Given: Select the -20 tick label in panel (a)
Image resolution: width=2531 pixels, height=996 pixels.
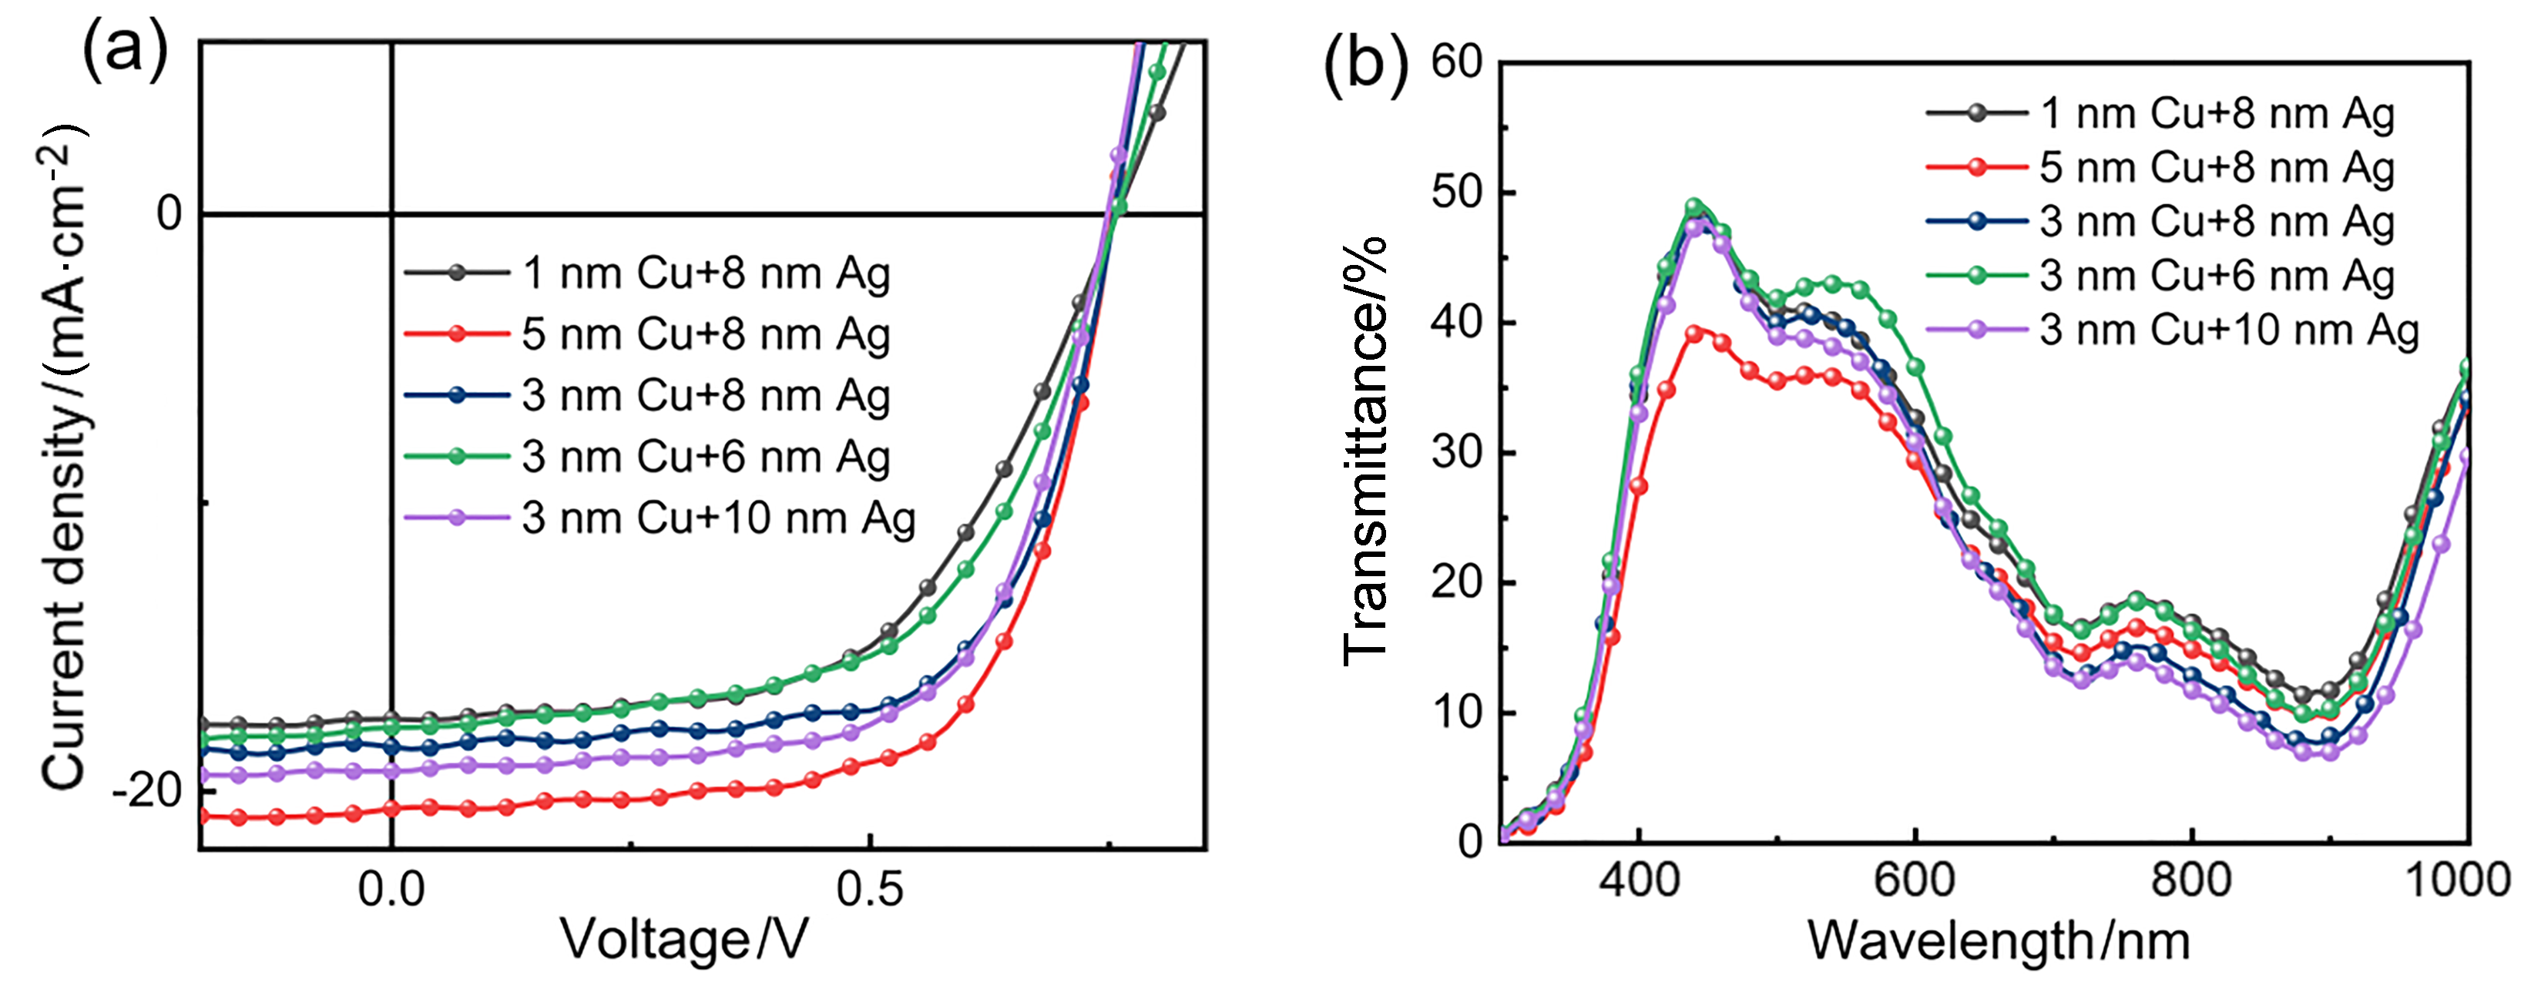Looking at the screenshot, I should pyautogui.click(x=149, y=790).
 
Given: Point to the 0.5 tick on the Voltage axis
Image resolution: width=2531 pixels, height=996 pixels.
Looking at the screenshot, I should pyautogui.click(x=870, y=889).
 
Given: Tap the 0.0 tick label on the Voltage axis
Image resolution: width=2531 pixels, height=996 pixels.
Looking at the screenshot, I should pyautogui.click(x=391, y=889).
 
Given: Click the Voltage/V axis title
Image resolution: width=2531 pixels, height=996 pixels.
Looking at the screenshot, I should pyautogui.click(x=684, y=940).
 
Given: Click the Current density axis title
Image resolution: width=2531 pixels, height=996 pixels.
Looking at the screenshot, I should pyautogui.click(x=63, y=457).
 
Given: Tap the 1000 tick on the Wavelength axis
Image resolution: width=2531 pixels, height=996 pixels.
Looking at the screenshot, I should pyautogui.click(x=2456, y=878).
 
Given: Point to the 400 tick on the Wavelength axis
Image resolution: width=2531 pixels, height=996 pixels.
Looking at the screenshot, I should pyautogui.click(x=1639, y=878).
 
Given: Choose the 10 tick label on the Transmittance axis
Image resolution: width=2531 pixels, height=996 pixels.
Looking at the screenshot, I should pyautogui.click(x=1457, y=712).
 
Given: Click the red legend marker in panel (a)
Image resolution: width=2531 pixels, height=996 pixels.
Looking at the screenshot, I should pyautogui.click(x=457, y=334).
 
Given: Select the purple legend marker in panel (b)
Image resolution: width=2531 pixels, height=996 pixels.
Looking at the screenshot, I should pyautogui.click(x=1977, y=330).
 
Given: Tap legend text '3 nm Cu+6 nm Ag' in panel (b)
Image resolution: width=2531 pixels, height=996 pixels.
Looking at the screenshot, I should pyautogui.click(x=2217, y=276).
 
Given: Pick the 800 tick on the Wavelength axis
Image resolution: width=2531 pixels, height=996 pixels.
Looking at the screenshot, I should pyautogui.click(x=2191, y=878).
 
